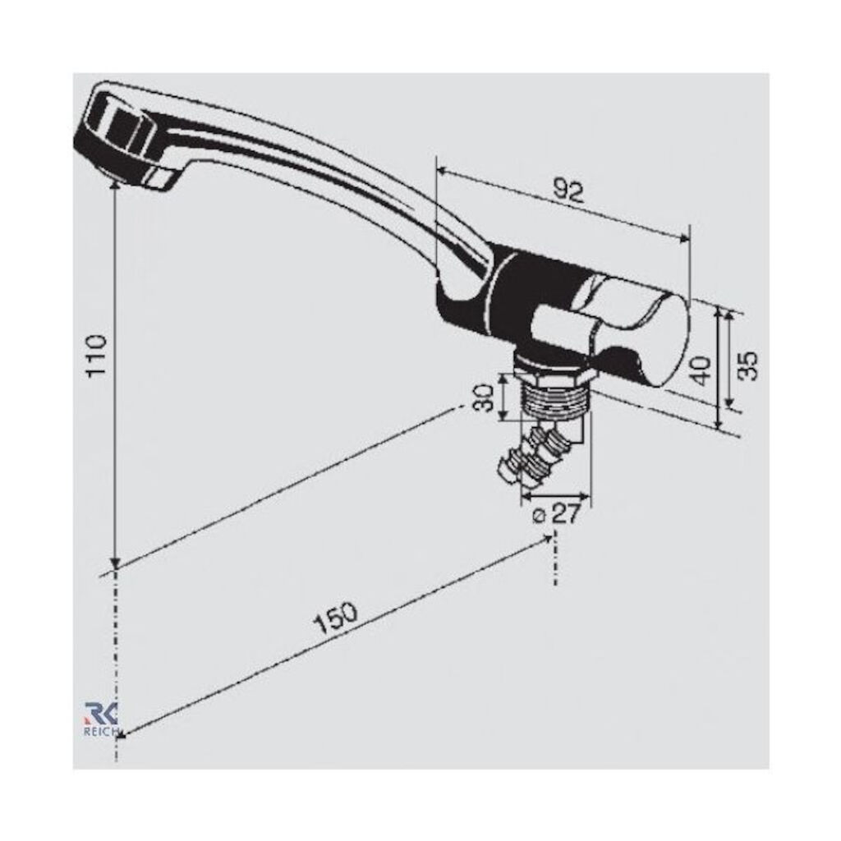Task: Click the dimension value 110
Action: [x=97, y=356]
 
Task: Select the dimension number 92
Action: [x=568, y=191]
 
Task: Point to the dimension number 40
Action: [x=701, y=370]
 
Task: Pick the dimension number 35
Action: [x=749, y=365]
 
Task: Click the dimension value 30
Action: [x=485, y=397]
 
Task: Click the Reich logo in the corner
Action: [x=100, y=719]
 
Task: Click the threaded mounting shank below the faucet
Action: [x=556, y=398]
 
